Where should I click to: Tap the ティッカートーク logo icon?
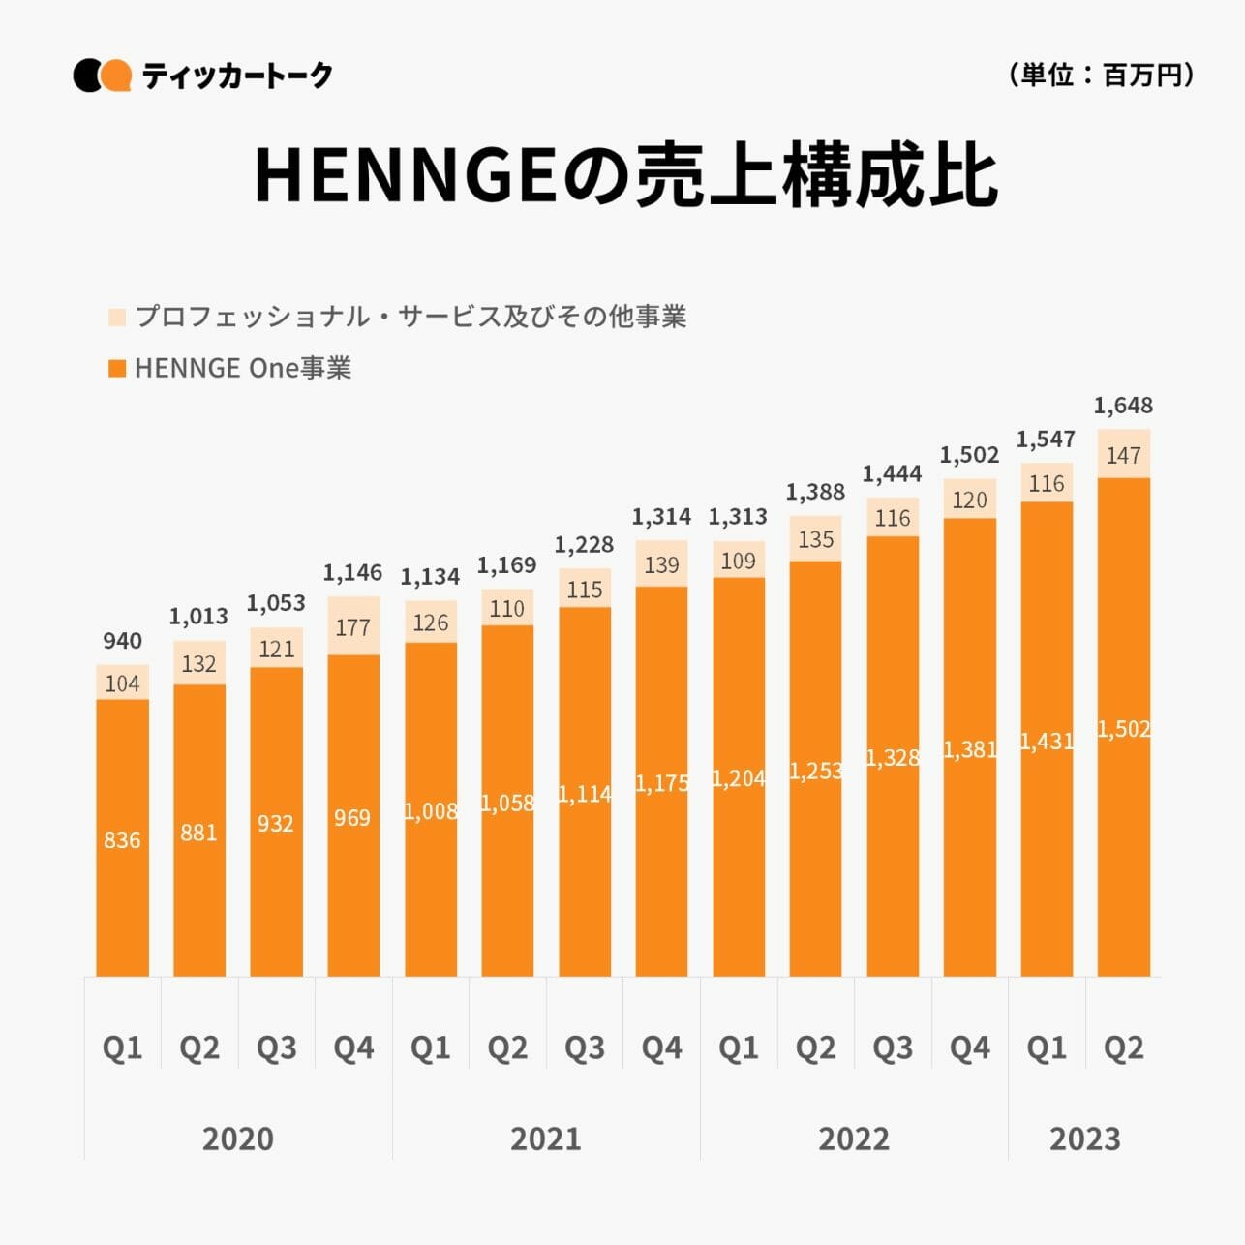[102, 76]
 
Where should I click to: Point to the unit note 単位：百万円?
[1101, 75]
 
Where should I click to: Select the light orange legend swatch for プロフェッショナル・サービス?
[117, 317]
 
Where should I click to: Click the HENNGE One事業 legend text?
[242, 368]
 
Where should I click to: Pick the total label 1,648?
[1123, 405]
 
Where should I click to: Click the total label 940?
[122, 640]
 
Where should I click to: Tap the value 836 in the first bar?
[122, 839]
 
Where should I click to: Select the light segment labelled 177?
[353, 626]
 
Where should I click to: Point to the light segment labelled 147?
[1123, 454]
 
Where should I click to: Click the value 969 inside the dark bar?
[352, 817]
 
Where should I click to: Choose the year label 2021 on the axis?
[545, 1138]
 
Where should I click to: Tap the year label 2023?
[1084, 1138]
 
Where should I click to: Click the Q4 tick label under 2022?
[969, 1047]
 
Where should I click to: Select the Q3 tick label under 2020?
[276, 1047]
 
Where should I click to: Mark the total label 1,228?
[584, 544]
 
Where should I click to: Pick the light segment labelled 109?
[739, 560]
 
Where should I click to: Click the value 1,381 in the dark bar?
[969, 748]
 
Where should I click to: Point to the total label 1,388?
[815, 491]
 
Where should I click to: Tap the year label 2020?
[237, 1138]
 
